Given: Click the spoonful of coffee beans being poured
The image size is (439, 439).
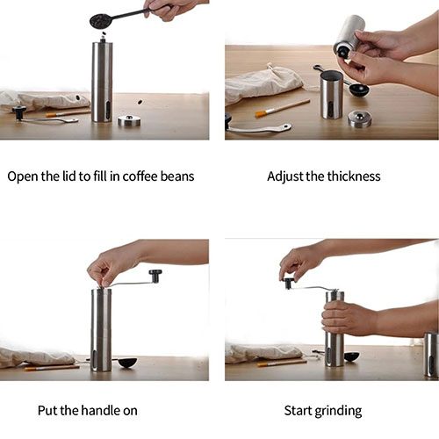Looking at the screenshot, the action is click(x=99, y=21).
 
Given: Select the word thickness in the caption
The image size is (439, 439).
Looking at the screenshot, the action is click(x=354, y=176).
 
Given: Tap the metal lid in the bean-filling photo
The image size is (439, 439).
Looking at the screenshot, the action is click(x=129, y=120).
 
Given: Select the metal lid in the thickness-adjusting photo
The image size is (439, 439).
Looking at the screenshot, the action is click(x=360, y=119).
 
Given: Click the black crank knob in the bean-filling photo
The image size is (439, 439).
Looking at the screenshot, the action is click(x=19, y=112).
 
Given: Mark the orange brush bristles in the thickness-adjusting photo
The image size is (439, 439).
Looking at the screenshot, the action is click(x=260, y=114).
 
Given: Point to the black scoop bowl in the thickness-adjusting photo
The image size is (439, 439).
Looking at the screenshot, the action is click(x=359, y=90).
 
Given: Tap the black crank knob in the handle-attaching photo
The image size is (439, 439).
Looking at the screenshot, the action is click(x=155, y=276).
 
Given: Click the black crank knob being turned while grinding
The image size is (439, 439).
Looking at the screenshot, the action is click(x=289, y=283).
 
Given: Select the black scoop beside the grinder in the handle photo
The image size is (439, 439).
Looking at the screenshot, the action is click(x=127, y=363).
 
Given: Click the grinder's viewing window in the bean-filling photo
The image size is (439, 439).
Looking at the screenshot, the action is click(x=108, y=109).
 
